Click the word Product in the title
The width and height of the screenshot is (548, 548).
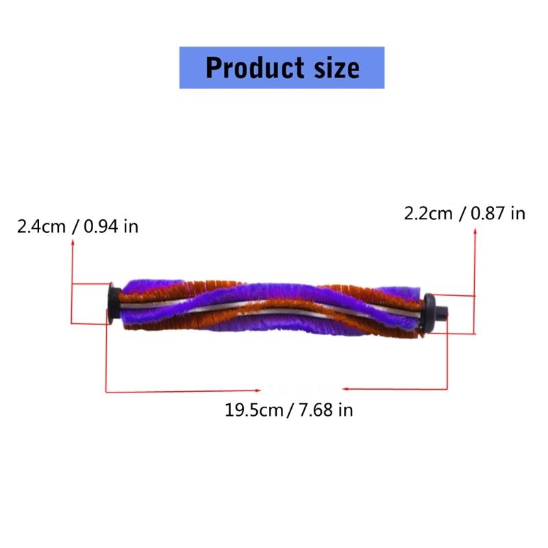[x=253, y=68]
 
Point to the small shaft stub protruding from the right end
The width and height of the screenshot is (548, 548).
[x=445, y=313]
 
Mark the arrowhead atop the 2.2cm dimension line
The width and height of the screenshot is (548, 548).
[x=475, y=233]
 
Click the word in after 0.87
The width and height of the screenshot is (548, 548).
[x=518, y=214]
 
